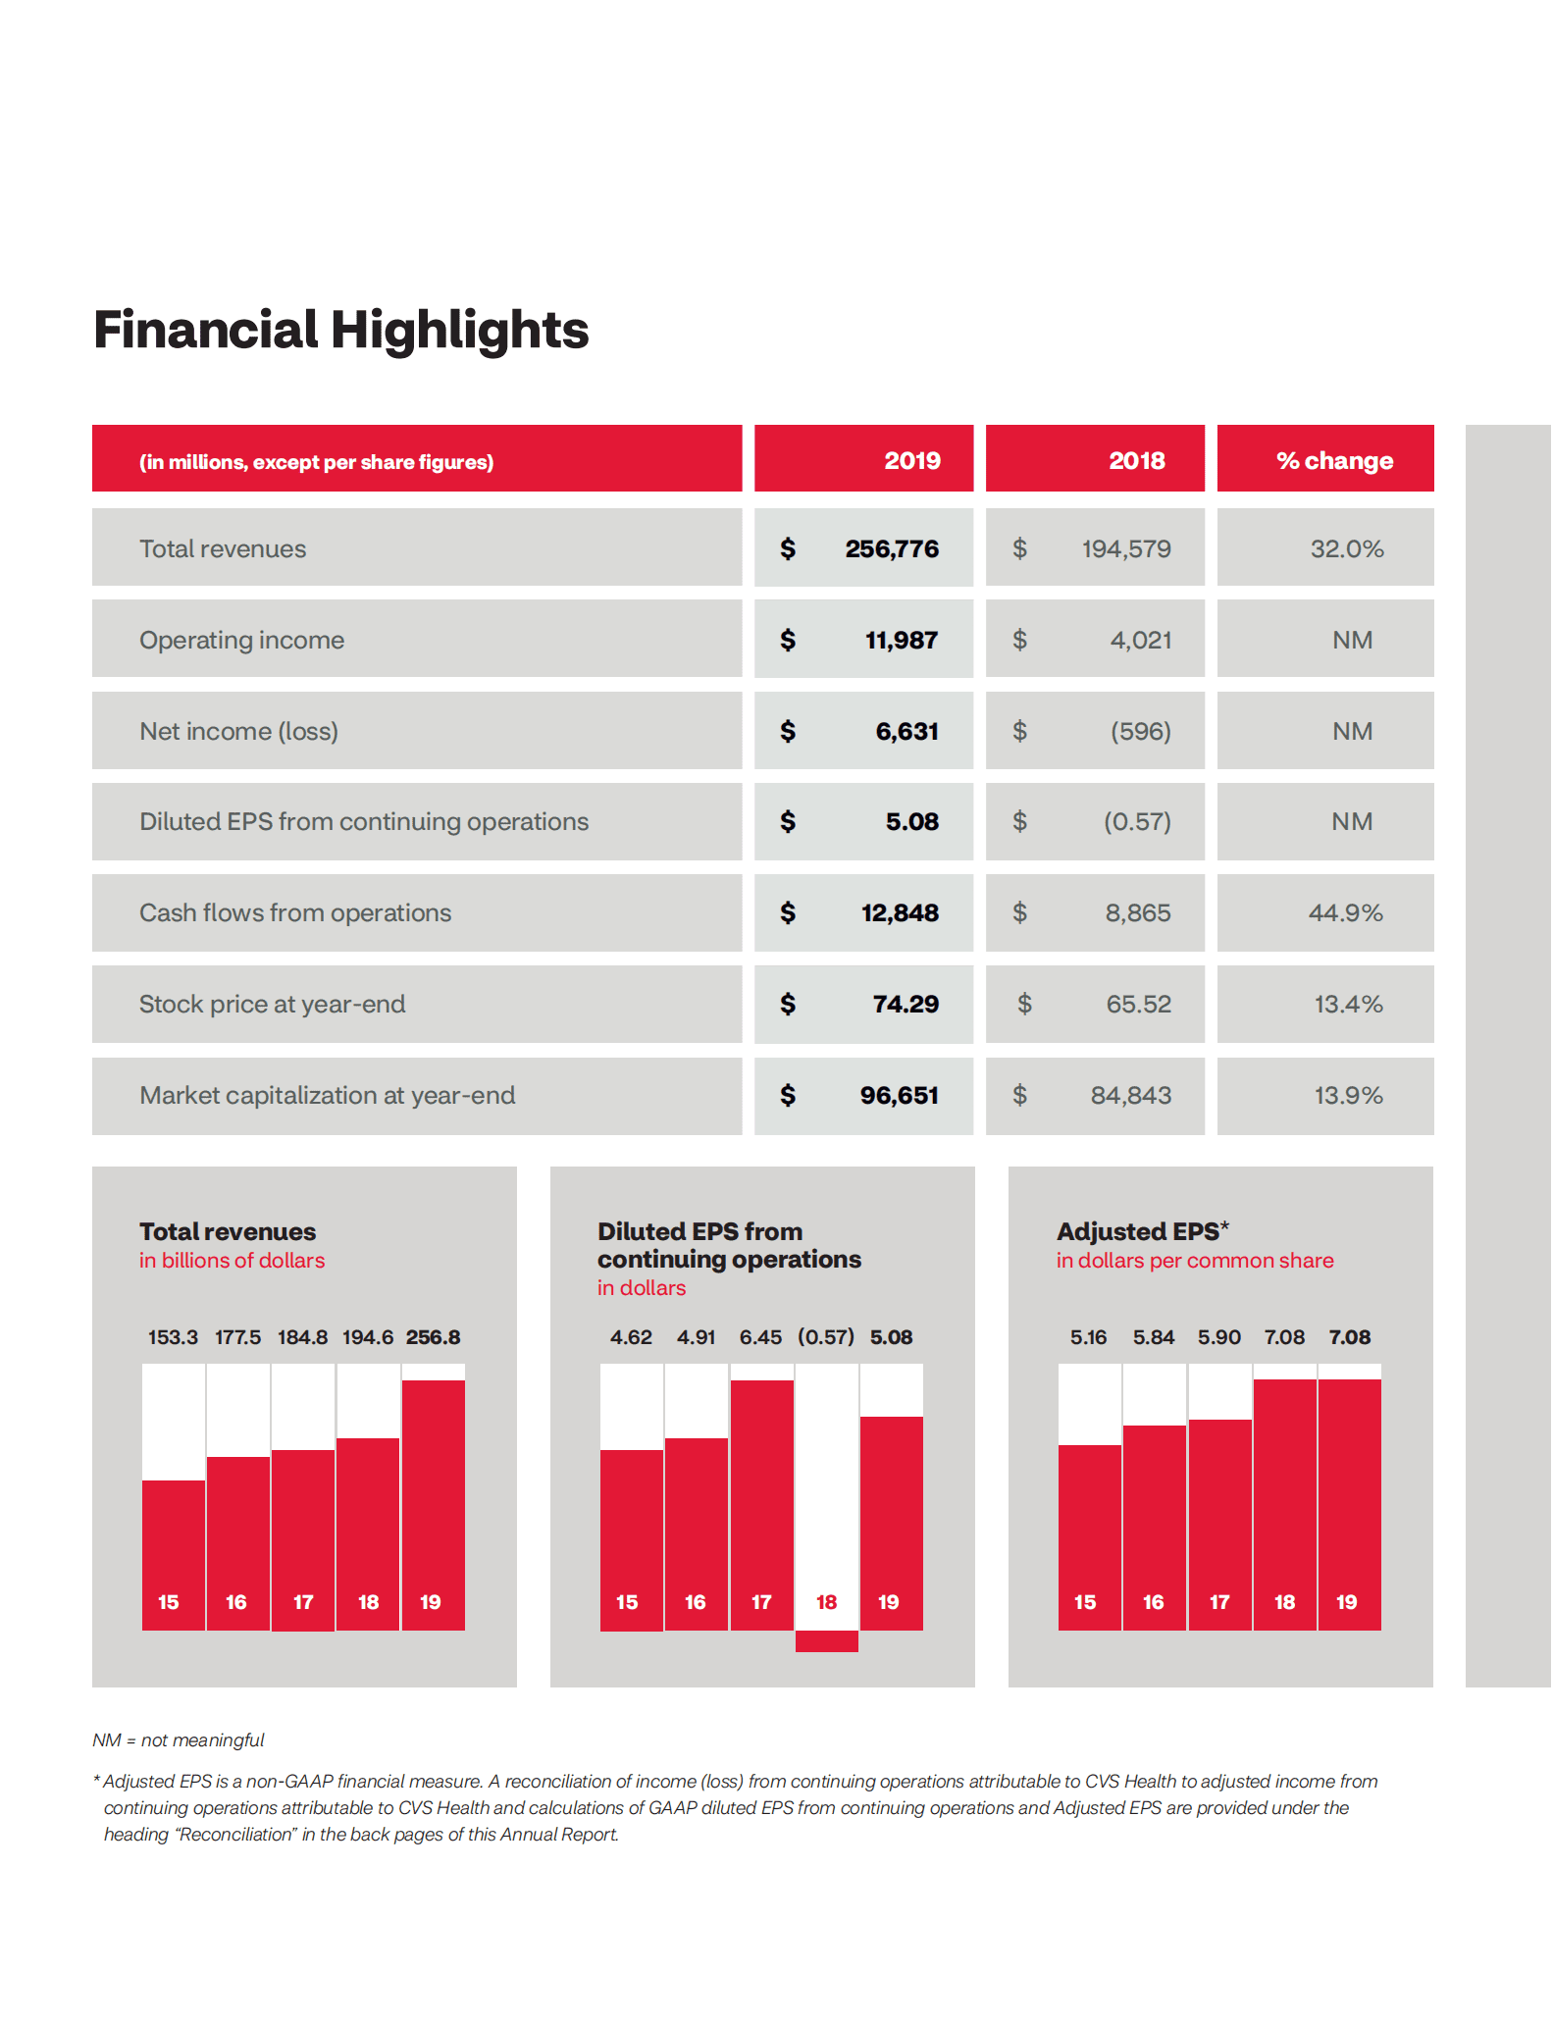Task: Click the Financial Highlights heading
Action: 340,330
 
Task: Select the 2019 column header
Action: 911,460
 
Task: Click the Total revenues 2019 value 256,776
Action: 891,548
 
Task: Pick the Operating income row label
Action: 241,640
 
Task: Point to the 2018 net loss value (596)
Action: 1140,731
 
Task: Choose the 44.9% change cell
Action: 1345,912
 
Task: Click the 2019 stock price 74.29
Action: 905,1004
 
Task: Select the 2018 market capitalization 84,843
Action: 1130,1095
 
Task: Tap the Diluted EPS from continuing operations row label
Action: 363,821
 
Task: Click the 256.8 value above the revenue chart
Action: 433,1337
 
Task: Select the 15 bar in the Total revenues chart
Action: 173,1555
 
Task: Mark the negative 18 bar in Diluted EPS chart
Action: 826,1640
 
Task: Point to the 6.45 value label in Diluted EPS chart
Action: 760,1337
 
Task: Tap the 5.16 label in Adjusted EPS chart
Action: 1088,1337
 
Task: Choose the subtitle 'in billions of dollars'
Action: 232,1261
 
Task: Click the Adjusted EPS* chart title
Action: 1142,1231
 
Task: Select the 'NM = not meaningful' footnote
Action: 179,1740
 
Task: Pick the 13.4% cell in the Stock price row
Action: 1348,1004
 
